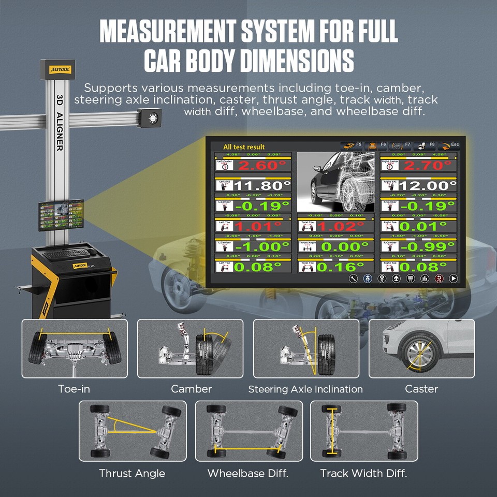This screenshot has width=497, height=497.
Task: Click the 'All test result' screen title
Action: [x=243, y=147]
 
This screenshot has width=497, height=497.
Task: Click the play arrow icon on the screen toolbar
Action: [x=454, y=279]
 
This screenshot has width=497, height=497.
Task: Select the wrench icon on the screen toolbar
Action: [x=354, y=279]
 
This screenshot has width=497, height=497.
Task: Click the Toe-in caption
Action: [x=74, y=388]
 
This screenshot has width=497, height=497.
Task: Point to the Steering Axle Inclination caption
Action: [x=305, y=389]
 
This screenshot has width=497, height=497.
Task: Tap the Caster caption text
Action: [x=421, y=388]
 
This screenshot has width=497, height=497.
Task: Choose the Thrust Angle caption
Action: [x=132, y=473]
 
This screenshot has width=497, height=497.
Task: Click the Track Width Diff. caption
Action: [x=363, y=473]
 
